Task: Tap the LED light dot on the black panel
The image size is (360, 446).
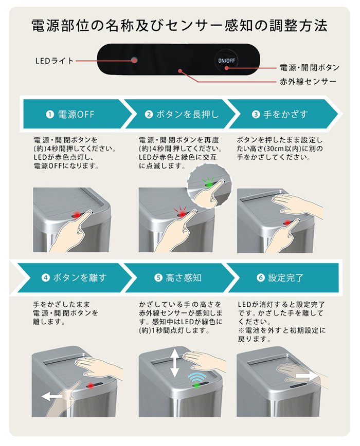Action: (134, 60)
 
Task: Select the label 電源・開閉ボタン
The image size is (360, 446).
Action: (309, 67)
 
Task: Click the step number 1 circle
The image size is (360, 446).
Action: (50, 115)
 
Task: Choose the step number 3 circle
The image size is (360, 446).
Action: (256, 115)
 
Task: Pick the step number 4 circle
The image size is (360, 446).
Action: (45, 278)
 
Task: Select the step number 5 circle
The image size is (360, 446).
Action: (158, 278)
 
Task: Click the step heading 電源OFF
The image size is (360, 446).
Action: (76, 115)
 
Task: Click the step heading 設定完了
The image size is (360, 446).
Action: (286, 278)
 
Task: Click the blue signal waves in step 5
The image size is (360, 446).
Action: (196, 378)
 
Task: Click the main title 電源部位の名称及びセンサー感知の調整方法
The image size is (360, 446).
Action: (179, 25)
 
